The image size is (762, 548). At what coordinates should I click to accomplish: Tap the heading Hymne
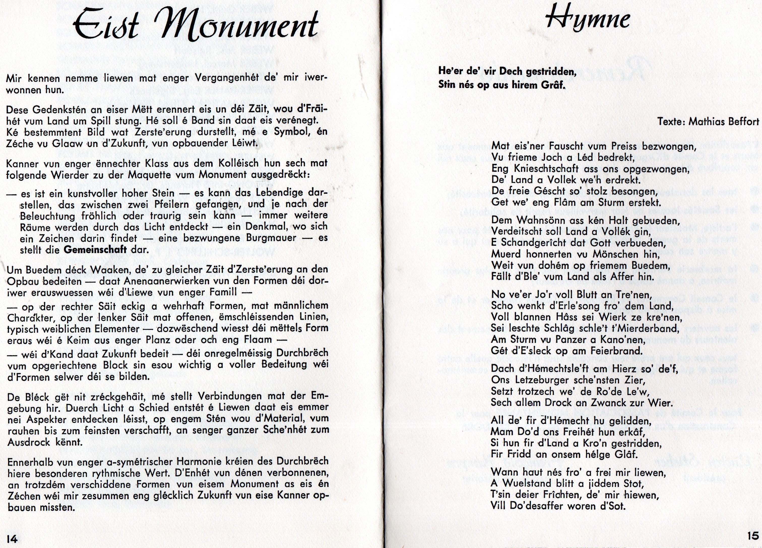588,19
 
